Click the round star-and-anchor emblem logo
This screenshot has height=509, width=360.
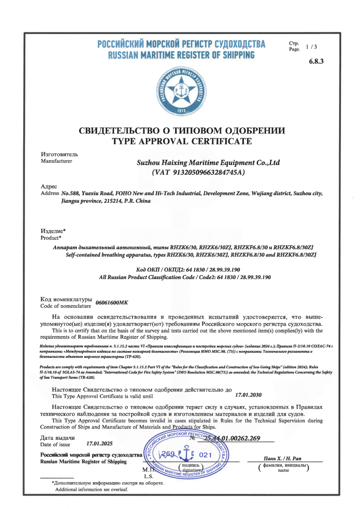click(182, 90)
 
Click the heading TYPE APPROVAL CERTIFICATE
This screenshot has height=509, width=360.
click(182, 141)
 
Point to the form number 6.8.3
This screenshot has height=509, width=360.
click(316, 62)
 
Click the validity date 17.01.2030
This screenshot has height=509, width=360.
click(249, 394)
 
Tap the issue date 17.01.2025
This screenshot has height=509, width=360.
click(99, 442)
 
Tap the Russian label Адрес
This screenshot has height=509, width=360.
click(49, 187)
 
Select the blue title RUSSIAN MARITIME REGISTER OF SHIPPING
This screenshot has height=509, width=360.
click(181, 55)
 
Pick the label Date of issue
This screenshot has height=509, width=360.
click(55, 445)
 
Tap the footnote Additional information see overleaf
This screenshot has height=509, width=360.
click(92, 489)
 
